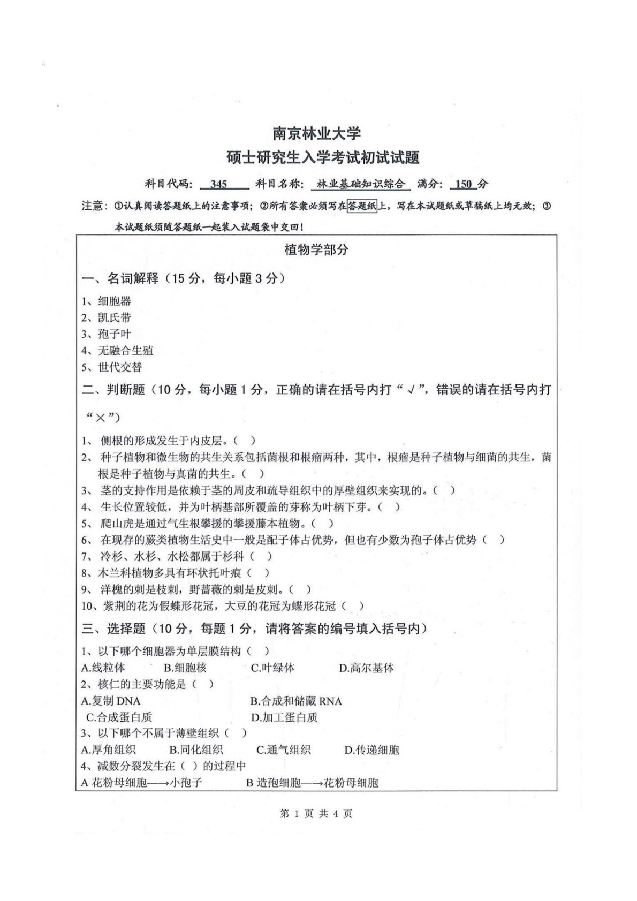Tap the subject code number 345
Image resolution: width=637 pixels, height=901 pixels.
click(x=219, y=184)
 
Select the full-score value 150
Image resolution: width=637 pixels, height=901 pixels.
click(x=464, y=184)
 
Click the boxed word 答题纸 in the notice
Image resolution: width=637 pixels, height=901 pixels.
click(x=362, y=206)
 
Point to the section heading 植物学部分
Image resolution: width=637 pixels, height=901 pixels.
click(x=316, y=249)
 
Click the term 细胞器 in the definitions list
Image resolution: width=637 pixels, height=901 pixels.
click(x=114, y=301)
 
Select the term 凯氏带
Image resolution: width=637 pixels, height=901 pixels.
click(x=114, y=318)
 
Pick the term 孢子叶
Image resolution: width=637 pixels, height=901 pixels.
click(x=114, y=334)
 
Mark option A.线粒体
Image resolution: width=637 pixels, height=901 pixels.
click(x=103, y=668)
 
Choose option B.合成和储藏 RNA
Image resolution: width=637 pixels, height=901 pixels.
click(x=296, y=701)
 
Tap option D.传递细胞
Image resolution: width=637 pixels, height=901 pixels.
click(x=371, y=750)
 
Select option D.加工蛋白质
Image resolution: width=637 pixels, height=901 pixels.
click(x=284, y=717)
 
